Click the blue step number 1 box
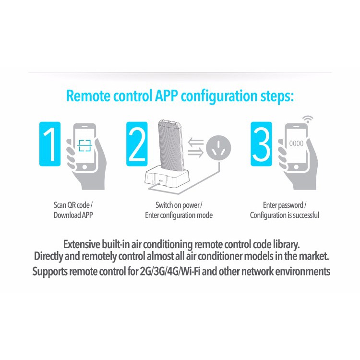pyautogui.click(x=50, y=144)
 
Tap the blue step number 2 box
pyautogui.click(x=137, y=144)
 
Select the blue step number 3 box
pyautogui.click(x=261, y=144)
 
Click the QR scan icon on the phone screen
pyautogui.click(x=84, y=145)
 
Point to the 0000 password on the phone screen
pyautogui.click(x=296, y=144)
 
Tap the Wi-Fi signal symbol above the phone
pyautogui.click(x=308, y=120)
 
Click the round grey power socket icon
pyautogui.click(x=218, y=148)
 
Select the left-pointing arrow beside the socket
pyautogui.click(x=196, y=143)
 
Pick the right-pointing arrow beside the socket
pyautogui.click(x=196, y=152)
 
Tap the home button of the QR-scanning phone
pyautogui.click(x=84, y=167)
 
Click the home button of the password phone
pyautogui.click(x=296, y=167)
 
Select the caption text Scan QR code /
pyautogui.click(x=73, y=205)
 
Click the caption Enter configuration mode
pyautogui.click(x=179, y=216)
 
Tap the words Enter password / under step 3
pyautogui.click(x=285, y=205)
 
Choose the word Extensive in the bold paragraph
pyautogui.click(x=82, y=244)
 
